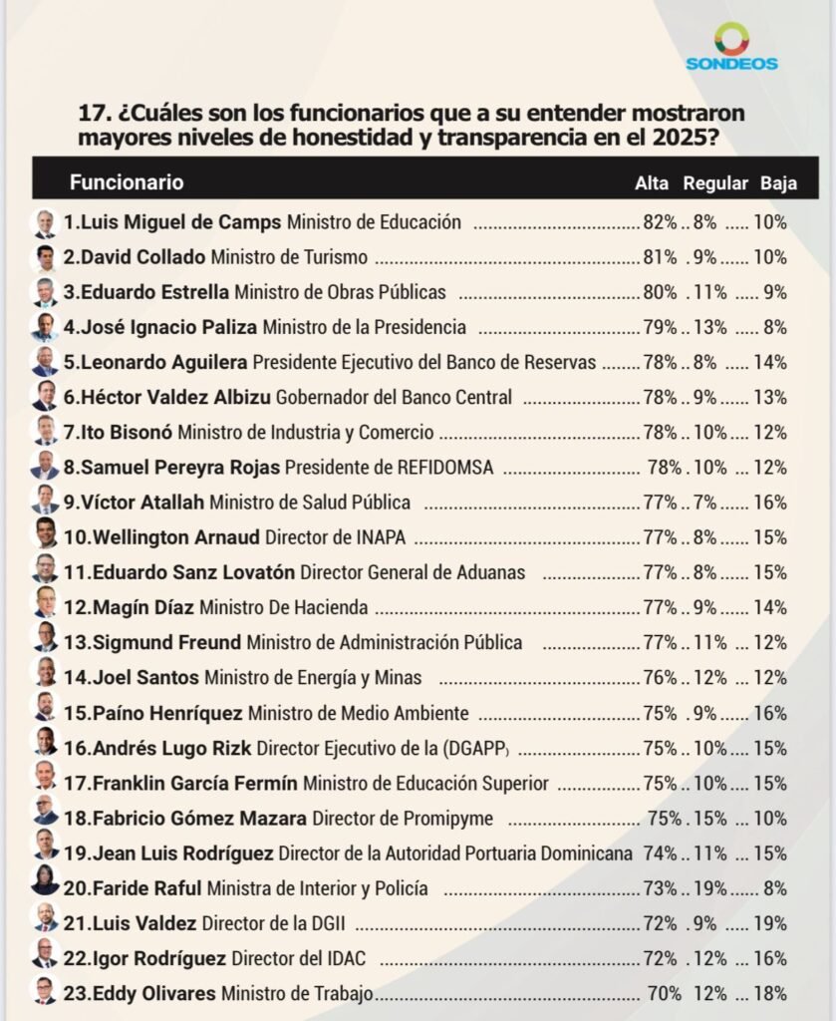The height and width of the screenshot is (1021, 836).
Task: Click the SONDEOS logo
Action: click(x=731, y=47)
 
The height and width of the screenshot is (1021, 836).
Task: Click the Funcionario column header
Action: click(x=127, y=182)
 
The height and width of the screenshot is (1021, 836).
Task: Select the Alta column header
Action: click(x=652, y=183)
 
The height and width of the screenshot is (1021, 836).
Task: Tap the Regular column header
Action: click(x=715, y=183)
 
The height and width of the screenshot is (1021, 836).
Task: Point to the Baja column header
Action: click(x=778, y=183)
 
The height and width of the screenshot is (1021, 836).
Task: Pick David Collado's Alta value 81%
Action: click(x=661, y=257)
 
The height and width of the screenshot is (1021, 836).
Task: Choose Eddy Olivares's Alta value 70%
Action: click(x=664, y=993)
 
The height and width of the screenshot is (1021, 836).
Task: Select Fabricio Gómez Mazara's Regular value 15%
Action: click(x=709, y=819)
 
